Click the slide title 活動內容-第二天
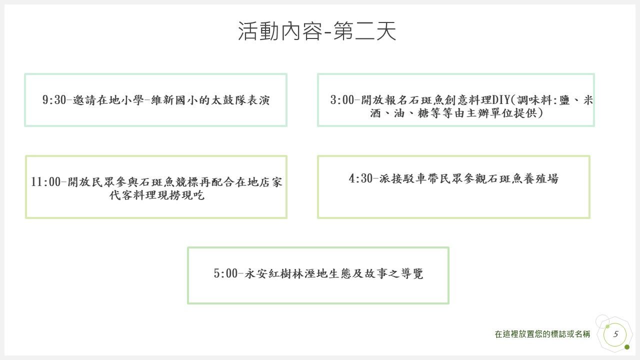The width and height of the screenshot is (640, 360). [317, 31]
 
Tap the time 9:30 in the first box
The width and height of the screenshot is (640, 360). [54, 100]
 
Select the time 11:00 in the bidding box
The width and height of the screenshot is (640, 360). [45, 182]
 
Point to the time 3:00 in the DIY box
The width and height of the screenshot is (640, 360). [342, 100]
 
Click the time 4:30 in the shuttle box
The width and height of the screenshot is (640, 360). [360, 178]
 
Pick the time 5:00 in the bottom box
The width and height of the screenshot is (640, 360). [225, 273]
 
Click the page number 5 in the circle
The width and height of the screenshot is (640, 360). [615, 334]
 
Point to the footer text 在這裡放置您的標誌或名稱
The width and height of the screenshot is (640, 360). [542, 334]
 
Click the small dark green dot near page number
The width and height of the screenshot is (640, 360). [627, 347]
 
